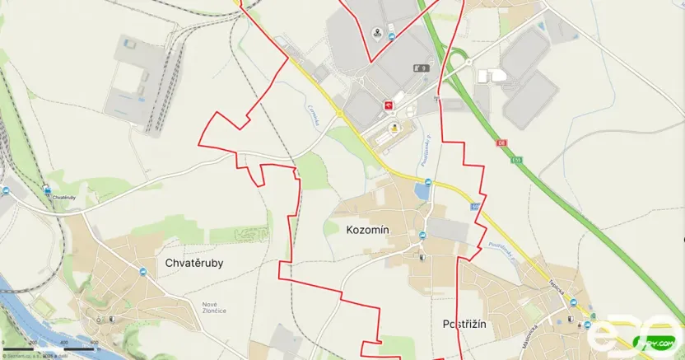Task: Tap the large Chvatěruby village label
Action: point(194,264)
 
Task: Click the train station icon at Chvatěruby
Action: point(48,189)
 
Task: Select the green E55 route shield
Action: point(515,160)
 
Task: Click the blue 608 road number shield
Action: point(475,206)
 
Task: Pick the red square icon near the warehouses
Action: point(388,105)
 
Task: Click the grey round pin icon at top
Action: point(377,33)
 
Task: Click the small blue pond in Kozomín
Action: point(422,191)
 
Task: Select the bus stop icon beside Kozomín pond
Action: point(427,181)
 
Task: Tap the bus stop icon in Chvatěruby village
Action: point(148,274)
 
